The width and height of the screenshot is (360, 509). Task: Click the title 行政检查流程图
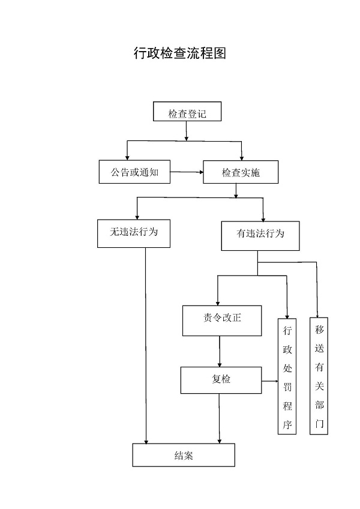(x=179, y=53)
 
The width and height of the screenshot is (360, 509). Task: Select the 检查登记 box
(x=187, y=112)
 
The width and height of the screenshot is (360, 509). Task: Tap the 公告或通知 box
(x=134, y=172)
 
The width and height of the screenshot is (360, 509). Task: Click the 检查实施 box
(x=241, y=172)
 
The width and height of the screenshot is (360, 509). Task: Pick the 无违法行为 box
(x=134, y=233)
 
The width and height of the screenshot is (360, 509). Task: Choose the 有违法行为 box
(x=260, y=235)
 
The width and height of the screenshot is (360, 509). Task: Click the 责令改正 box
(x=222, y=320)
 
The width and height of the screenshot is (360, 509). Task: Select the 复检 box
(x=221, y=380)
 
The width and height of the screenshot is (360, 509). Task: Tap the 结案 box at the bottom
(x=184, y=455)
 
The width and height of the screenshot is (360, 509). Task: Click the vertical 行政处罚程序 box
(x=287, y=376)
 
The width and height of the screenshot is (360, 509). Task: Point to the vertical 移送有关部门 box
(x=319, y=375)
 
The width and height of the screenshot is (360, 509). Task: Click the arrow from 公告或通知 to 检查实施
(x=187, y=172)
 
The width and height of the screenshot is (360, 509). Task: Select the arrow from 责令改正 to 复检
(x=220, y=352)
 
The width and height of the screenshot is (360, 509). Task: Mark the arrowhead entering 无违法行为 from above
(x=137, y=216)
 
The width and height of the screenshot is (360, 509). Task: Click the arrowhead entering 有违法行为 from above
(x=263, y=218)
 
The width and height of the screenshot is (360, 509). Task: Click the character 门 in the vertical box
(x=319, y=423)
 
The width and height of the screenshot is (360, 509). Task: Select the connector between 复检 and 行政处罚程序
(x=269, y=381)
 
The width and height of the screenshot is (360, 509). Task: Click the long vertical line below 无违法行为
(x=146, y=342)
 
